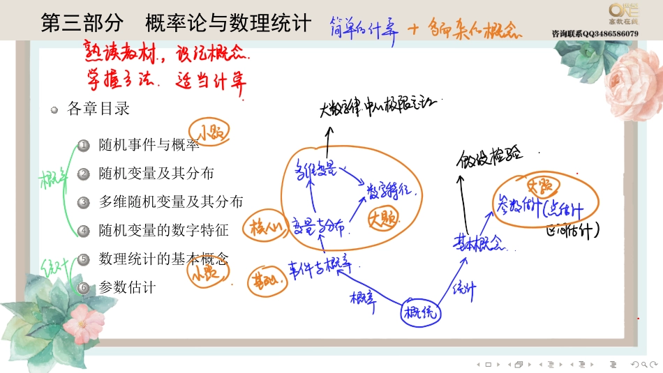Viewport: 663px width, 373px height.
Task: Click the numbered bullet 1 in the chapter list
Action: [84, 145]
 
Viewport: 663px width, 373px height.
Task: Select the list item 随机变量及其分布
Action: [156, 173]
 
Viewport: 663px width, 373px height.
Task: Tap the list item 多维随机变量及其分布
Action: [171, 201]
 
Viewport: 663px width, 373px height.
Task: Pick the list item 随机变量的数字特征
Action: [164, 230]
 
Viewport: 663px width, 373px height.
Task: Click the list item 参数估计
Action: [127, 287]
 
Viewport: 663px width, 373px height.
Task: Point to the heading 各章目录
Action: [98, 109]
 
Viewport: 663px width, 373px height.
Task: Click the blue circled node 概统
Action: [421, 313]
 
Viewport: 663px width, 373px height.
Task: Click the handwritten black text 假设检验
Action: [490, 158]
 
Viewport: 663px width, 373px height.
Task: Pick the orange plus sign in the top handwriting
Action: [413, 29]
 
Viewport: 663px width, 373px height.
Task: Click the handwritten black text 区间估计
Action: [574, 231]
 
